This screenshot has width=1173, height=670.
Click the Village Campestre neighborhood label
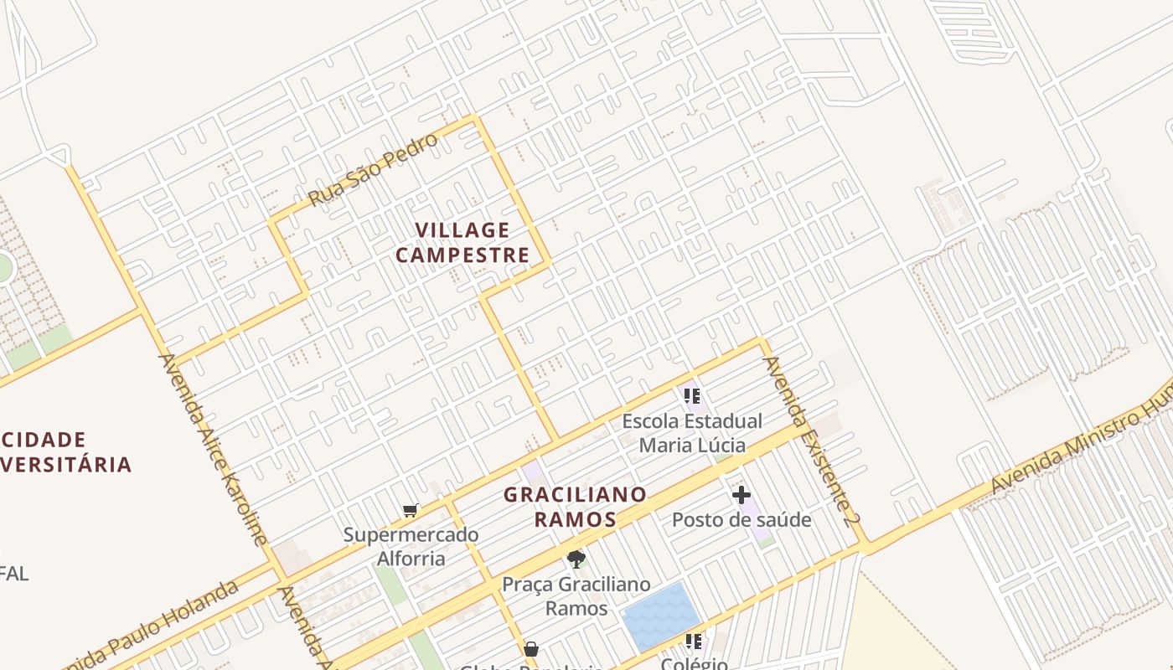462,242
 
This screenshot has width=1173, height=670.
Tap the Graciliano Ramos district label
575,507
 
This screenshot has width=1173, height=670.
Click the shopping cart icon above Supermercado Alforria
411,510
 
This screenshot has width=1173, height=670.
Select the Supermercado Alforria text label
411,546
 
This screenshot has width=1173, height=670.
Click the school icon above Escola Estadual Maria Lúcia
691,395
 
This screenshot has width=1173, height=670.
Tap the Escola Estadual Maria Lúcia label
692,432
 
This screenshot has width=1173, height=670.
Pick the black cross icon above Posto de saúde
742,495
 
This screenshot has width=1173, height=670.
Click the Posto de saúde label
742,520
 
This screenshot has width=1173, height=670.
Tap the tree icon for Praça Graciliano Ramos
576,559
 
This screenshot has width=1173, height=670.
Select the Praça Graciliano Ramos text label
576,595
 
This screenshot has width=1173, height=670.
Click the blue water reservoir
661,616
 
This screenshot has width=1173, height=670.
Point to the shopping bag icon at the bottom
531,649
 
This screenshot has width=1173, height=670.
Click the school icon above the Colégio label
692,642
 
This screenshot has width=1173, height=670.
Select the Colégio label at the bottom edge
694,663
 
